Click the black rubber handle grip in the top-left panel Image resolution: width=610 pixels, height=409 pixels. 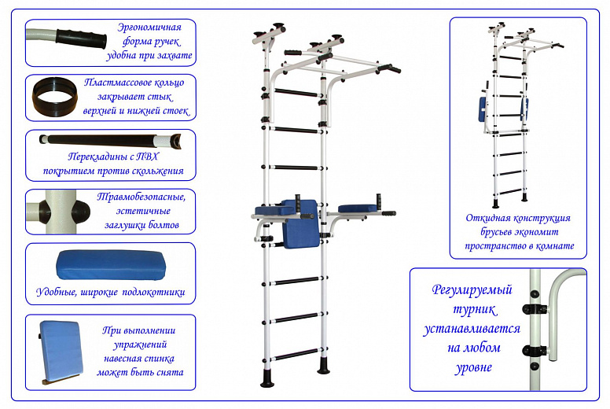click(x=81, y=39)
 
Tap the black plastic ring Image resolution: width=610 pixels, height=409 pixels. click(x=55, y=97)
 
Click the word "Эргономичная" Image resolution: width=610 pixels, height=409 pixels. click(x=149, y=28)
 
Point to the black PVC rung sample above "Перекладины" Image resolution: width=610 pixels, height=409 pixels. click(x=110, y=140)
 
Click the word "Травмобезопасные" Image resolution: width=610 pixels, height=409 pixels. click(x=141, y=197)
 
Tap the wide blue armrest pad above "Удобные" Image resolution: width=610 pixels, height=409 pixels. click(x=111, y=264)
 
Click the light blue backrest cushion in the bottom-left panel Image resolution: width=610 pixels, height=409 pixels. click(x=61, y=351)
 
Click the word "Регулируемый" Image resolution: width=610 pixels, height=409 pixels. click(x=472, y=290)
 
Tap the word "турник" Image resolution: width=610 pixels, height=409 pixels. click(x=475, y=310)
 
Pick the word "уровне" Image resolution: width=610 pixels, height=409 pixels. click(x=473, y=367)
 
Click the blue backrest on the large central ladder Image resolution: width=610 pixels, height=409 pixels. click(x=301, y=223)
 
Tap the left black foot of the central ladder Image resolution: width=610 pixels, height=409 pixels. click(x=267, y=378)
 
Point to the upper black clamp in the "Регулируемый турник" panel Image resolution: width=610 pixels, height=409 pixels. click(x=535, y=310)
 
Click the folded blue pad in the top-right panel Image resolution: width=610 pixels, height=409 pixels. click(x=483, y=109)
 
